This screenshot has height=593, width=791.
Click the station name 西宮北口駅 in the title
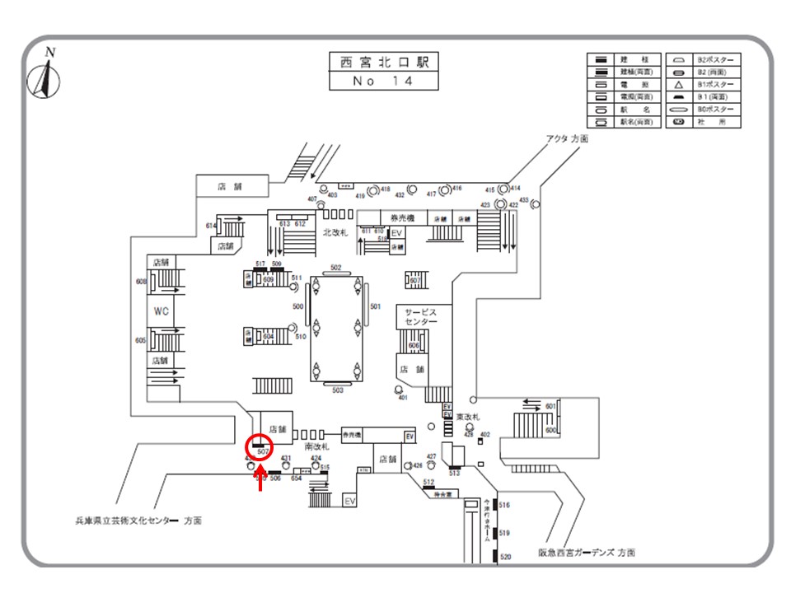[383, 63]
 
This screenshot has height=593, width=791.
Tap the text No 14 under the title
[383, 82]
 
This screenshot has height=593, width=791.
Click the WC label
[161, 311]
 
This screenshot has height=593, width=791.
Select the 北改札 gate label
[335, 233]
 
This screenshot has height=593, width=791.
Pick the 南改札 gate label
[316, 446]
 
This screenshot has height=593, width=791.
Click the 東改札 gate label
[468, 417]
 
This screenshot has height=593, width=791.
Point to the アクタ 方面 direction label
[567, 139]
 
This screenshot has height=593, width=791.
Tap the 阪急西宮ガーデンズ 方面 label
[587, 553]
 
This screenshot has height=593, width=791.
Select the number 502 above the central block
[336, 268]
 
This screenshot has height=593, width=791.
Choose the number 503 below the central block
[337, 390]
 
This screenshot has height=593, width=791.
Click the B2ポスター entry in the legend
[717, 60]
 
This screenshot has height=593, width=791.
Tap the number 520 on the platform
[506, 558]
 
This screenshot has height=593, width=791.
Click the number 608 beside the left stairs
[141, 282]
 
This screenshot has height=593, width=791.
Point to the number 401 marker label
[403, 398]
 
